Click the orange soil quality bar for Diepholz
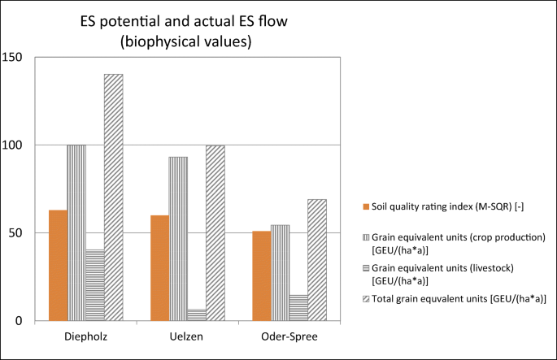(x=58, y=265)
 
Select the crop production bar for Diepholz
(x=76, y=232)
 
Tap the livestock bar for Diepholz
(x=95, y=284)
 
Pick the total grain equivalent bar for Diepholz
(x=113, y=197)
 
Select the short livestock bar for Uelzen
(x=197, y=314)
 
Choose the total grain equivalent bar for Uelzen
(x=215, y=232)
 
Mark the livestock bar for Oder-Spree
(x=298, y=307)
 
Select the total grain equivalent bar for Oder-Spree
(x=317, y=259)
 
